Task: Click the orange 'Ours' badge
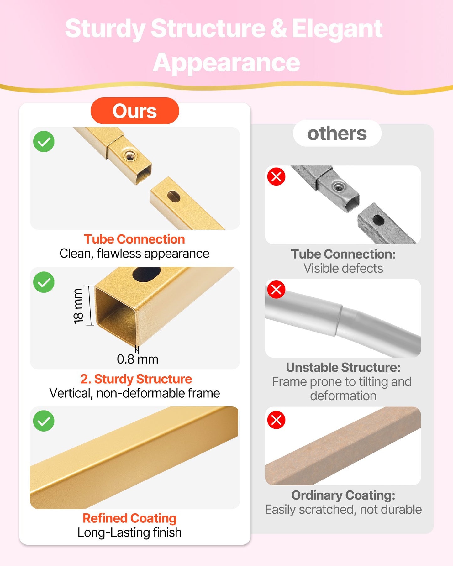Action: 135,111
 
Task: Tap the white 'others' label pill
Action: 337,133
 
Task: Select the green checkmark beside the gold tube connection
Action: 44,142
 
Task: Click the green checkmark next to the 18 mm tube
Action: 44,282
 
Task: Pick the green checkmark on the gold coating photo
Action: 44,421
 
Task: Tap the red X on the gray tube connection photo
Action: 276,176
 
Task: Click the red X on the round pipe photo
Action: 276,289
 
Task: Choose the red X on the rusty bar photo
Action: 276,420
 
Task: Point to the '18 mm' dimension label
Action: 78,306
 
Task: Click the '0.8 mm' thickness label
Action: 138,359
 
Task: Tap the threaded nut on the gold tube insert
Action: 129,155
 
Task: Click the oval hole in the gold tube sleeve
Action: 173,196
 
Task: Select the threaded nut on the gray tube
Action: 338,187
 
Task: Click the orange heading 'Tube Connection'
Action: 134,239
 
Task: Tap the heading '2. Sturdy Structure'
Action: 136,379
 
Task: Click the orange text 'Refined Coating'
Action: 129,518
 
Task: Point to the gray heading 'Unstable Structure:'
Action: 343,367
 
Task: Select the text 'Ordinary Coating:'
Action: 343,495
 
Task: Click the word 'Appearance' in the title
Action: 226,63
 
